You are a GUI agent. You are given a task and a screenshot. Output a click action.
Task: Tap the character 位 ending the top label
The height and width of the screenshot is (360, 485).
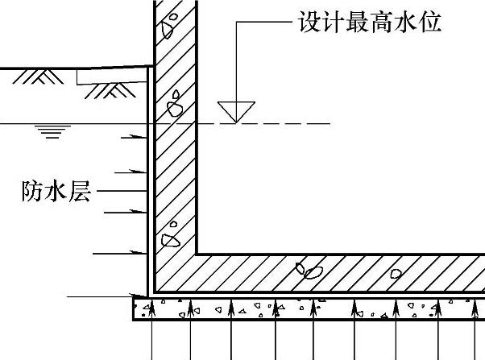point(431,22)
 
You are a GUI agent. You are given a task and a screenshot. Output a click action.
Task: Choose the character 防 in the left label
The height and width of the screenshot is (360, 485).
point(34,192)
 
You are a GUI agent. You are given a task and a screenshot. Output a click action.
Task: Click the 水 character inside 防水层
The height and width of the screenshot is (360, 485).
point(57,192)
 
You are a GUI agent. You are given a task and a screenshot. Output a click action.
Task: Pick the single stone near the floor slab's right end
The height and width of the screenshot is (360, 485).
point(396,273)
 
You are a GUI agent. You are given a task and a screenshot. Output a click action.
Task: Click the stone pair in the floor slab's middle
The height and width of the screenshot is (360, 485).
point(309,271)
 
